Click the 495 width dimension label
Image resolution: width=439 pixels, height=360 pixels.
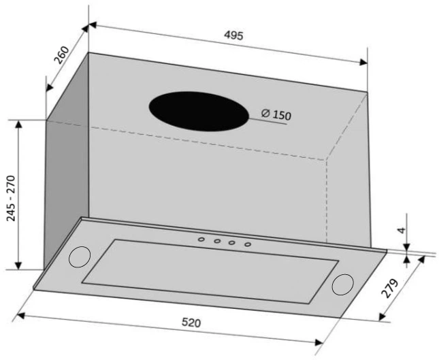233,35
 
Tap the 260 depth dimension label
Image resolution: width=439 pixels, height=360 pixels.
61,55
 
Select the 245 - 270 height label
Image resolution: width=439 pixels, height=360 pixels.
11,198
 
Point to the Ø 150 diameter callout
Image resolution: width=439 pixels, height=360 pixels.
276,114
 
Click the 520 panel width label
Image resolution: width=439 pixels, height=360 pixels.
191,323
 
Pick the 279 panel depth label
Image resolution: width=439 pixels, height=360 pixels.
390,289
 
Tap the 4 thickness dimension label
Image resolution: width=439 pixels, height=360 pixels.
402,230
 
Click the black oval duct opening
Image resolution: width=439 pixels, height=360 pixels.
199,111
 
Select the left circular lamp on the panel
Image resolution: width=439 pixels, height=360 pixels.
80,257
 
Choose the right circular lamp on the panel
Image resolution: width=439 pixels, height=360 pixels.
342,284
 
